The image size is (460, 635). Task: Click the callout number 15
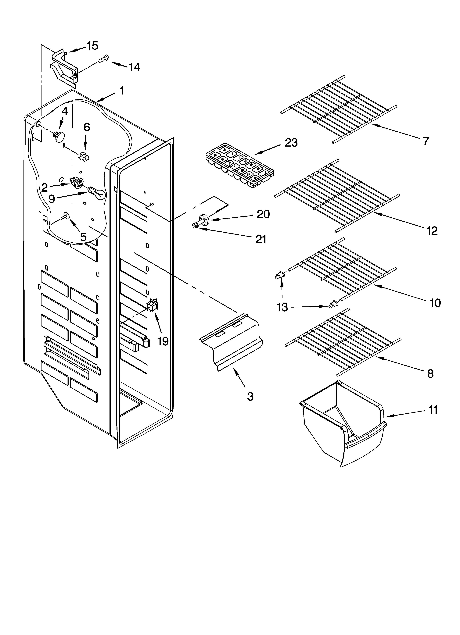click(x=92, y=46)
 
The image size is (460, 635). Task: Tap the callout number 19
click(x=163, y=341)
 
